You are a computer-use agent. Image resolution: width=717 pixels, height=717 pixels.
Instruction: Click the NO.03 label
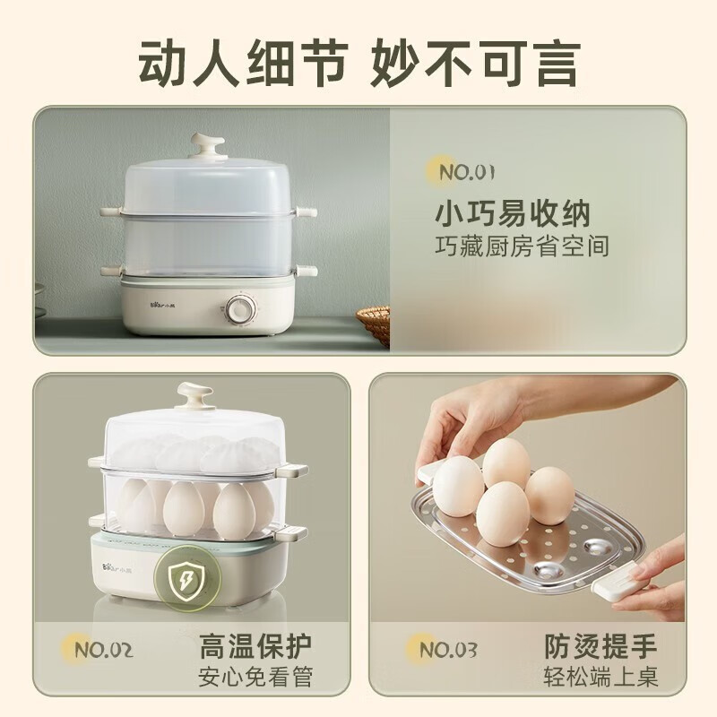pyautogui.click(x=448, y=648)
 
